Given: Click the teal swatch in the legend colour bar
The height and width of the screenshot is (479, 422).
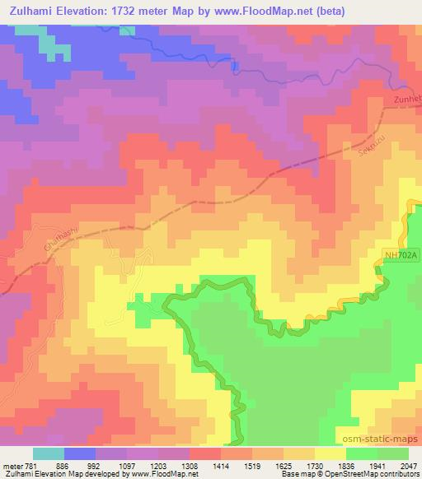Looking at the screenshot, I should click(x=49, y=453).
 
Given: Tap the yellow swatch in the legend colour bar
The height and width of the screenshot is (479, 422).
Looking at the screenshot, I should click(x=330, y=453).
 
